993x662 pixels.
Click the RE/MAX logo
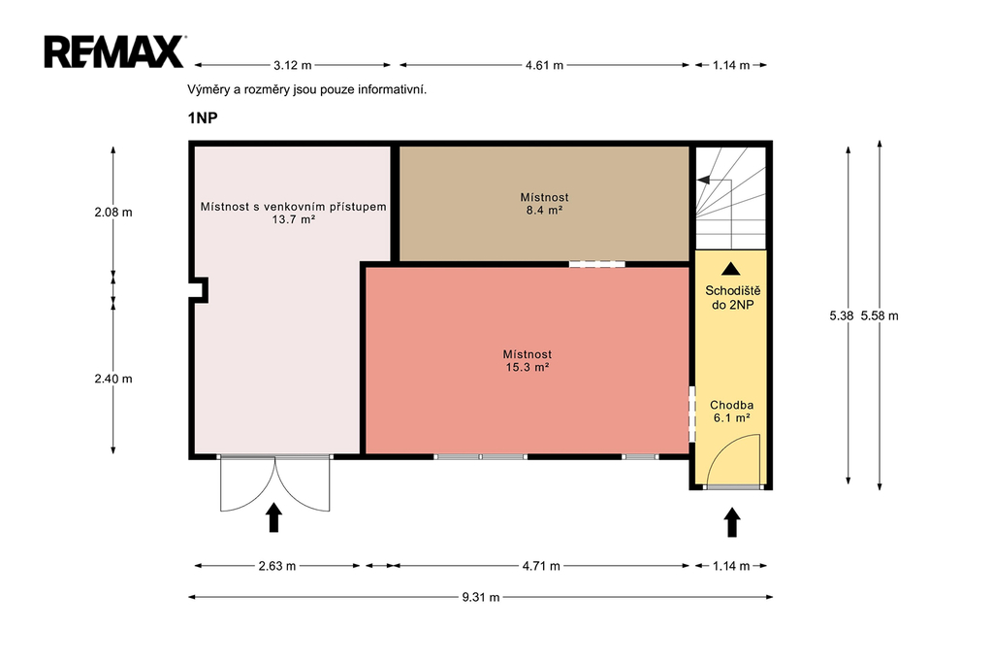point(114,51)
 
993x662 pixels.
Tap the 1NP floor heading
point(203,118)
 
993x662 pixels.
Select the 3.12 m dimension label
point(293,65)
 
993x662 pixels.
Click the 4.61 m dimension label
point(544,65)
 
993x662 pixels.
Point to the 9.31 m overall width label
point(481,597)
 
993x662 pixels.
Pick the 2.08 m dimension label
point(113,213)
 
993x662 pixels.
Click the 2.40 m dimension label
point(113,379)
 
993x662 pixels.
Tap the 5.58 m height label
point(880,315)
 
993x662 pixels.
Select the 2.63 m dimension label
point(276,566)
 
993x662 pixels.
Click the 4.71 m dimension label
point(541,566)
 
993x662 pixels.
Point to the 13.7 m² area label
point(294,220)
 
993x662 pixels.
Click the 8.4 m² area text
point(545,210)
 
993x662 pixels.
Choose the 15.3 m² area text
point(527,367)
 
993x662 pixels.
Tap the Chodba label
point(731,405)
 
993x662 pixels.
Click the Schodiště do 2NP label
point(733,298)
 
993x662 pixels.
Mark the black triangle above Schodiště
point(731,269)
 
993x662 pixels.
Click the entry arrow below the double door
point(273,517)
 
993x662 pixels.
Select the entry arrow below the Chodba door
point(732,522)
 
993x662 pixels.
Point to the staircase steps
point(731,198)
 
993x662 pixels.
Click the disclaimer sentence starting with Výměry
point(307,89)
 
